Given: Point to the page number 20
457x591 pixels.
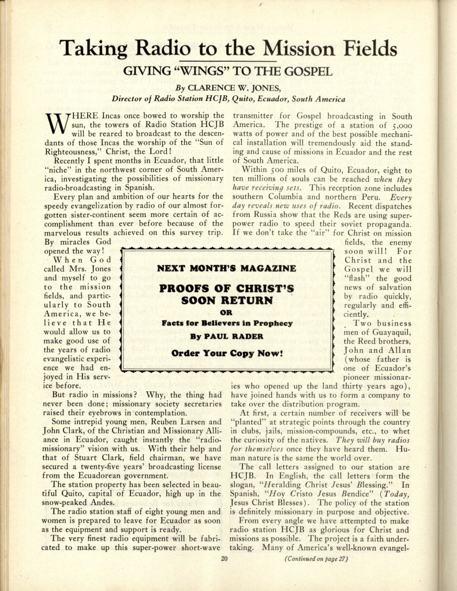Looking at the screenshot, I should click(x=225, y=558).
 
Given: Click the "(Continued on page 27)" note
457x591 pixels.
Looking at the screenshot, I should click(x=315, y=559).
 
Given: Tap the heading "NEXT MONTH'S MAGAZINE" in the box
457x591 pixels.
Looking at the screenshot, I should click(x=227, y=268).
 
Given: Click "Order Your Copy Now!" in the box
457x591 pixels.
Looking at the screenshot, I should click(x=227, y=353).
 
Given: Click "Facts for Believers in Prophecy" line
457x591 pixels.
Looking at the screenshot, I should click(x=227, y=323).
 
